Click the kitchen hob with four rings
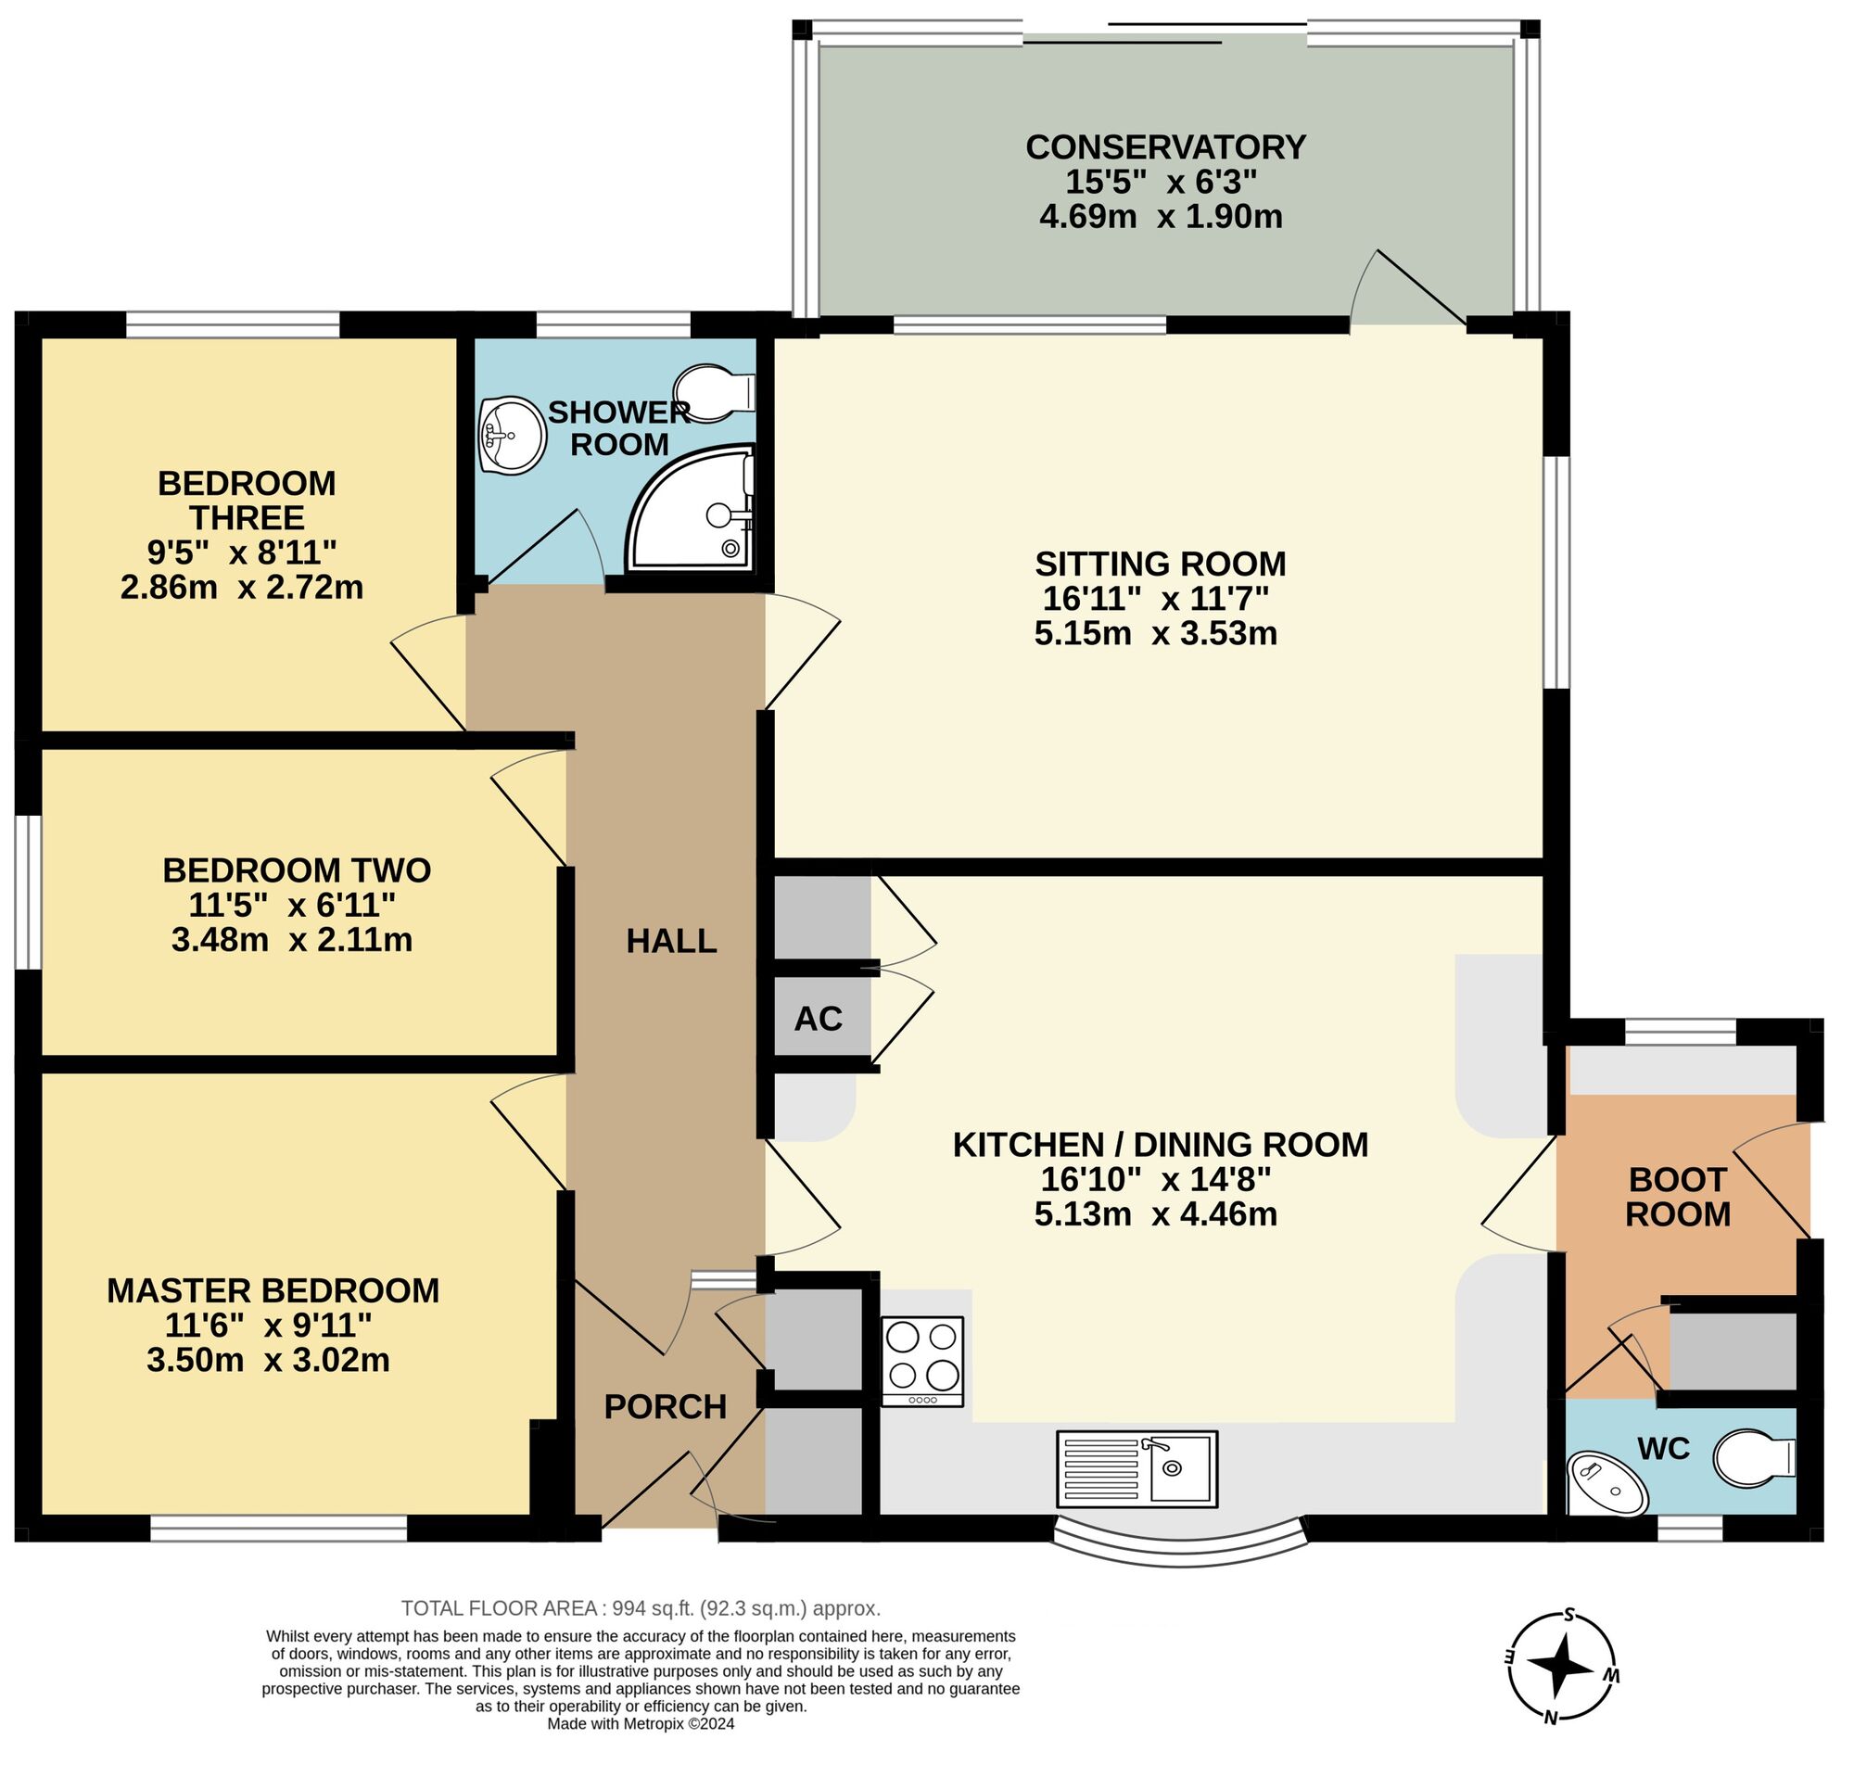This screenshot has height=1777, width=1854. (922, 1361)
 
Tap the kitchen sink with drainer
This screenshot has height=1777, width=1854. (1137, 1468)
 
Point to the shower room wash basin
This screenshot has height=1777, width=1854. (512, 434)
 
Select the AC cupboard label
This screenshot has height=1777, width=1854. (819, 1019)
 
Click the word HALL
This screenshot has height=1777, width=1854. (671, 941)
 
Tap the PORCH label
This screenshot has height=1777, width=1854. (665, 1407)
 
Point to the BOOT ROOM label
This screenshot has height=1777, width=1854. (1678, 1197)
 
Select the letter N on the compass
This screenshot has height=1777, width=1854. (1550, 1719)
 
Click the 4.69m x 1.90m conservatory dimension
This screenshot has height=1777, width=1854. (1162, 217)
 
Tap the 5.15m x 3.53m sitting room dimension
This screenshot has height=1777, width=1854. (1156, 633)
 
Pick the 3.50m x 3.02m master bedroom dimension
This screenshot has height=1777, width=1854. (269, 1360)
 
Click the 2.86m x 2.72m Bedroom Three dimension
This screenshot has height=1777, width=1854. (242, 588)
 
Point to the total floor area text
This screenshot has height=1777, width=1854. (641, 1607)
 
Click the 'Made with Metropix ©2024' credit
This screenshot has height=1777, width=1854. (641, 1723)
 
